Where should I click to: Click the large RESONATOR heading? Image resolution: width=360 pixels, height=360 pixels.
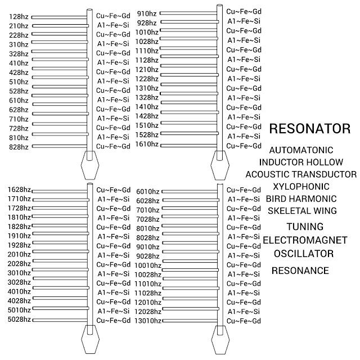310,128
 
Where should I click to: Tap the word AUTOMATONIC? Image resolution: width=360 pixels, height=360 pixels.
301,151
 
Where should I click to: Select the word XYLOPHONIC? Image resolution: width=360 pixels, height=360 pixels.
301,187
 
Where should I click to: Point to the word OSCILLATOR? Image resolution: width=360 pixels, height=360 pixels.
304,253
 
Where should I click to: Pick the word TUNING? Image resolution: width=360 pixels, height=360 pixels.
304,227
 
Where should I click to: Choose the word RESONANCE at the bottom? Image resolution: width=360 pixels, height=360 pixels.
300,271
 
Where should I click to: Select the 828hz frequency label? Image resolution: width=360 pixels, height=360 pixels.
19,146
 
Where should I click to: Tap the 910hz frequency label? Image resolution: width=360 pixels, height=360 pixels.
147,13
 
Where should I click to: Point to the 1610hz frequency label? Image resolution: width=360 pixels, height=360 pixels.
147,144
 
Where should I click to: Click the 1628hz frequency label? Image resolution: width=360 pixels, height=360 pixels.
19,191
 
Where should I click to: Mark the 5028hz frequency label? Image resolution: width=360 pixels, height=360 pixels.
19,319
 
